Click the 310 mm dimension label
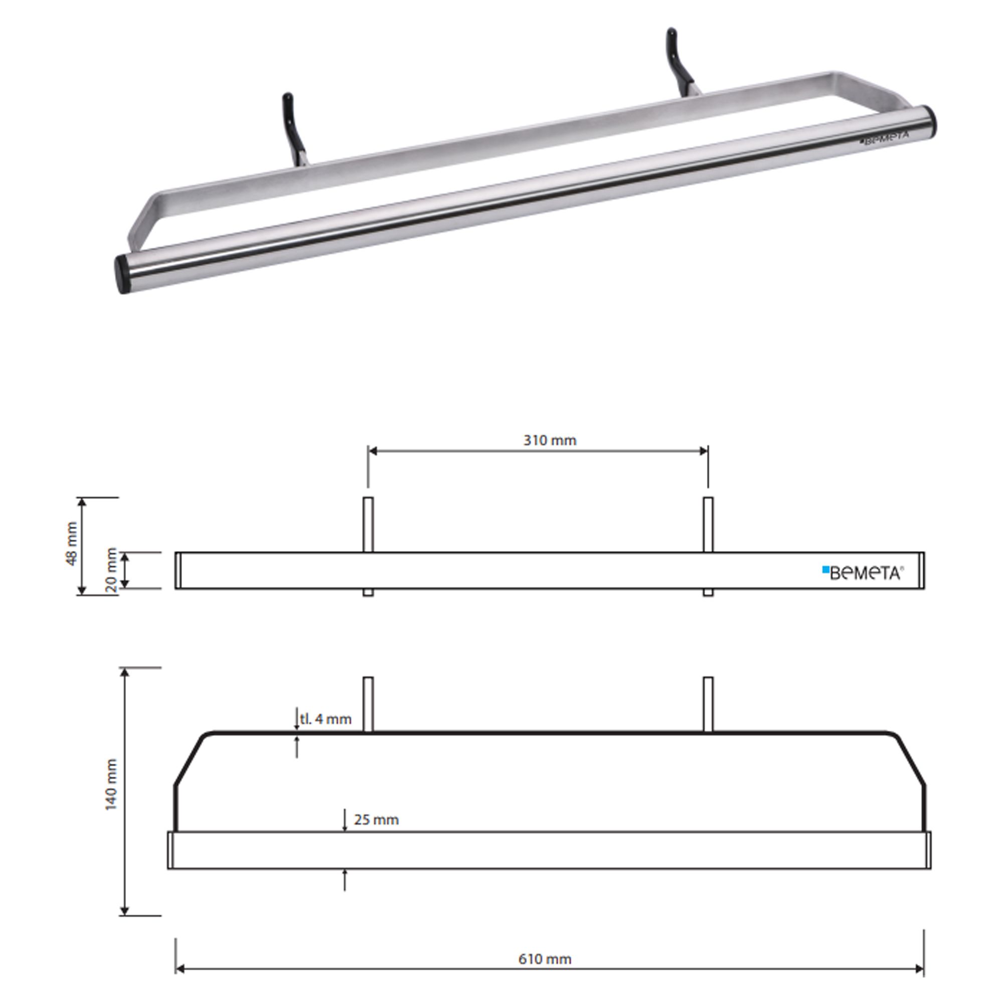549,440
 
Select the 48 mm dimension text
72,543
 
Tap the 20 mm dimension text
111,570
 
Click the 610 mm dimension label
545,959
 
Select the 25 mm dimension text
376,820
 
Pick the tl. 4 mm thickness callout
325,719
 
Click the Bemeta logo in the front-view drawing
863,573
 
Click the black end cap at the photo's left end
122,274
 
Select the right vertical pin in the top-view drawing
708,704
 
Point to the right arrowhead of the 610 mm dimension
919,969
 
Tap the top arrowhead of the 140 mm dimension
124,672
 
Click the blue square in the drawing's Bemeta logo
825,570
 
